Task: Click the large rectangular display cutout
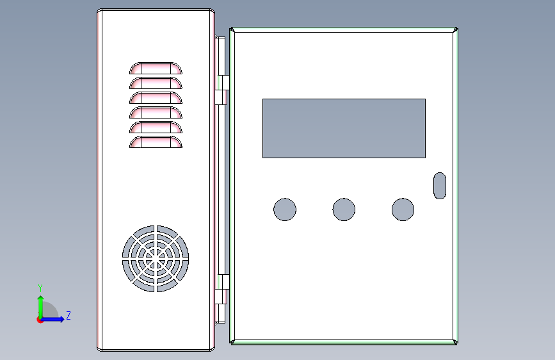[344, 128]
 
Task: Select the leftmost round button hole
[285, 209]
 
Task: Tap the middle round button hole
[344, 209]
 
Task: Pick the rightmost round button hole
[403, 209]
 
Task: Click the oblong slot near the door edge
[440, 186]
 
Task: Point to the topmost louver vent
[156, 69]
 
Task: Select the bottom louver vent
[156, 142]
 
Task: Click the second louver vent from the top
[156, 83]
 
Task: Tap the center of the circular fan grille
[156, 259]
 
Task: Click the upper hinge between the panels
[222, 90]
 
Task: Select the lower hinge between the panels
[222, 289]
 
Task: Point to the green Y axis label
[40, 288]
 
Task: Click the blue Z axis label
[68, 315]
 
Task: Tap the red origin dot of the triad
[40, 320]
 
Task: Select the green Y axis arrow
[41, 307]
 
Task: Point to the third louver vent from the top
[156, 98]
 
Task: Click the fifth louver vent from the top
[156, 127]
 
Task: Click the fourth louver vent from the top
[156, 113]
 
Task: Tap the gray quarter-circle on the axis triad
[49, 310]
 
